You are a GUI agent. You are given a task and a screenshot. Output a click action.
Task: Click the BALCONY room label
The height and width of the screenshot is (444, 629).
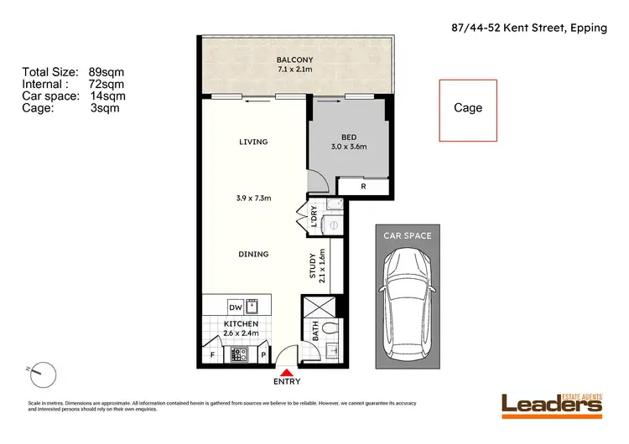(298, 59)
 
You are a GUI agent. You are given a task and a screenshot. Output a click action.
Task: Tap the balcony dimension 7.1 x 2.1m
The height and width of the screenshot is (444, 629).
(298, 70)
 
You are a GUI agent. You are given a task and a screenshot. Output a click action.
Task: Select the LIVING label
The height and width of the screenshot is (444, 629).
(252, 142)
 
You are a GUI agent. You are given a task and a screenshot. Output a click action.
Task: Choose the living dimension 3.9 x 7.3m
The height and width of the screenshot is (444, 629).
(252, 199)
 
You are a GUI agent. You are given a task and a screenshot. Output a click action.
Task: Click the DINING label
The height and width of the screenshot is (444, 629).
(252, 254)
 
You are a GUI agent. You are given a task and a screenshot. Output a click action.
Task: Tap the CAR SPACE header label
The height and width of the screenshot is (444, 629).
(407, 235)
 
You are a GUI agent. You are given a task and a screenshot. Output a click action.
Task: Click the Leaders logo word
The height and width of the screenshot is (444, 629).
(552, 405)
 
